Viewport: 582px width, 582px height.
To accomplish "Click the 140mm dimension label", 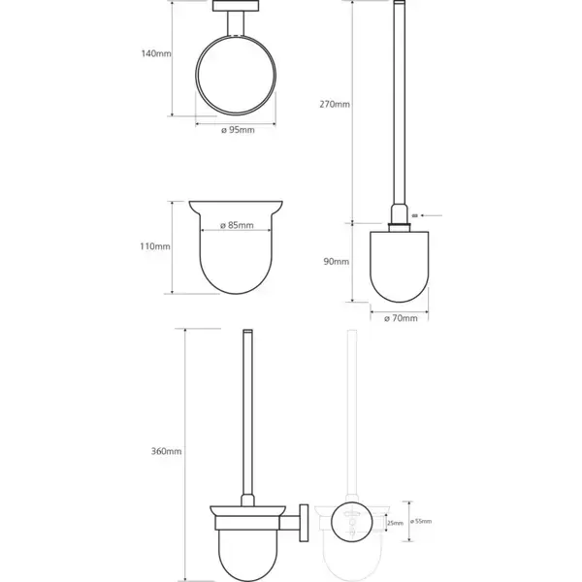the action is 156,53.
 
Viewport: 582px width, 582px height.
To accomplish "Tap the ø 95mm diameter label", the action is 238,130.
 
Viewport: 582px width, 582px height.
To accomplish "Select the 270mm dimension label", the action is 335,105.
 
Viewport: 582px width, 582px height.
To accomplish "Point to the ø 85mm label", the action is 237,225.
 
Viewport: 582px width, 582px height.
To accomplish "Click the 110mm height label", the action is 155,246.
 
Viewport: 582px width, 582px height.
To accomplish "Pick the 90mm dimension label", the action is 337,262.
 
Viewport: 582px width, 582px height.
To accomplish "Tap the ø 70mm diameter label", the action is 401,318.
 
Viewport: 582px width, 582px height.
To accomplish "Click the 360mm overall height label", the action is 166,451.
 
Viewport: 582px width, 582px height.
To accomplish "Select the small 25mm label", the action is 395,524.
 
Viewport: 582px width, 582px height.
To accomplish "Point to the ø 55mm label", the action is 421,521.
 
